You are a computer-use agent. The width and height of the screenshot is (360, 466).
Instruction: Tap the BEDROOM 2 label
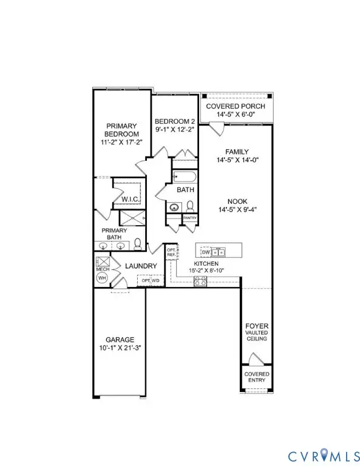(x=175, y=121)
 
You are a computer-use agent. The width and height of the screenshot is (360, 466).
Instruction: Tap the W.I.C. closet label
(x=131, y=198)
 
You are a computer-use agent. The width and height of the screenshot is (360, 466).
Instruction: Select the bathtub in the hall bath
(x=184, y=178)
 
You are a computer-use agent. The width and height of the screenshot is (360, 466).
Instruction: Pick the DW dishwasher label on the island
(x=205, y=251)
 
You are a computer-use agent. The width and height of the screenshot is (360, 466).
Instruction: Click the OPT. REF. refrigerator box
(x=171, y=252)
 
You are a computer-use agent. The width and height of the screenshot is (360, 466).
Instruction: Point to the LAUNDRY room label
(x=141, y=266)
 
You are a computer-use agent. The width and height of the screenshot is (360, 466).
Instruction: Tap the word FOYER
(x=256, y=326)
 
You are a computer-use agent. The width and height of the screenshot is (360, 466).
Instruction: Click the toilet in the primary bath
(x=138, y=244)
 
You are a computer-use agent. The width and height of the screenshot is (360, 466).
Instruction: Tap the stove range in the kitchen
(x=200, y=280)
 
